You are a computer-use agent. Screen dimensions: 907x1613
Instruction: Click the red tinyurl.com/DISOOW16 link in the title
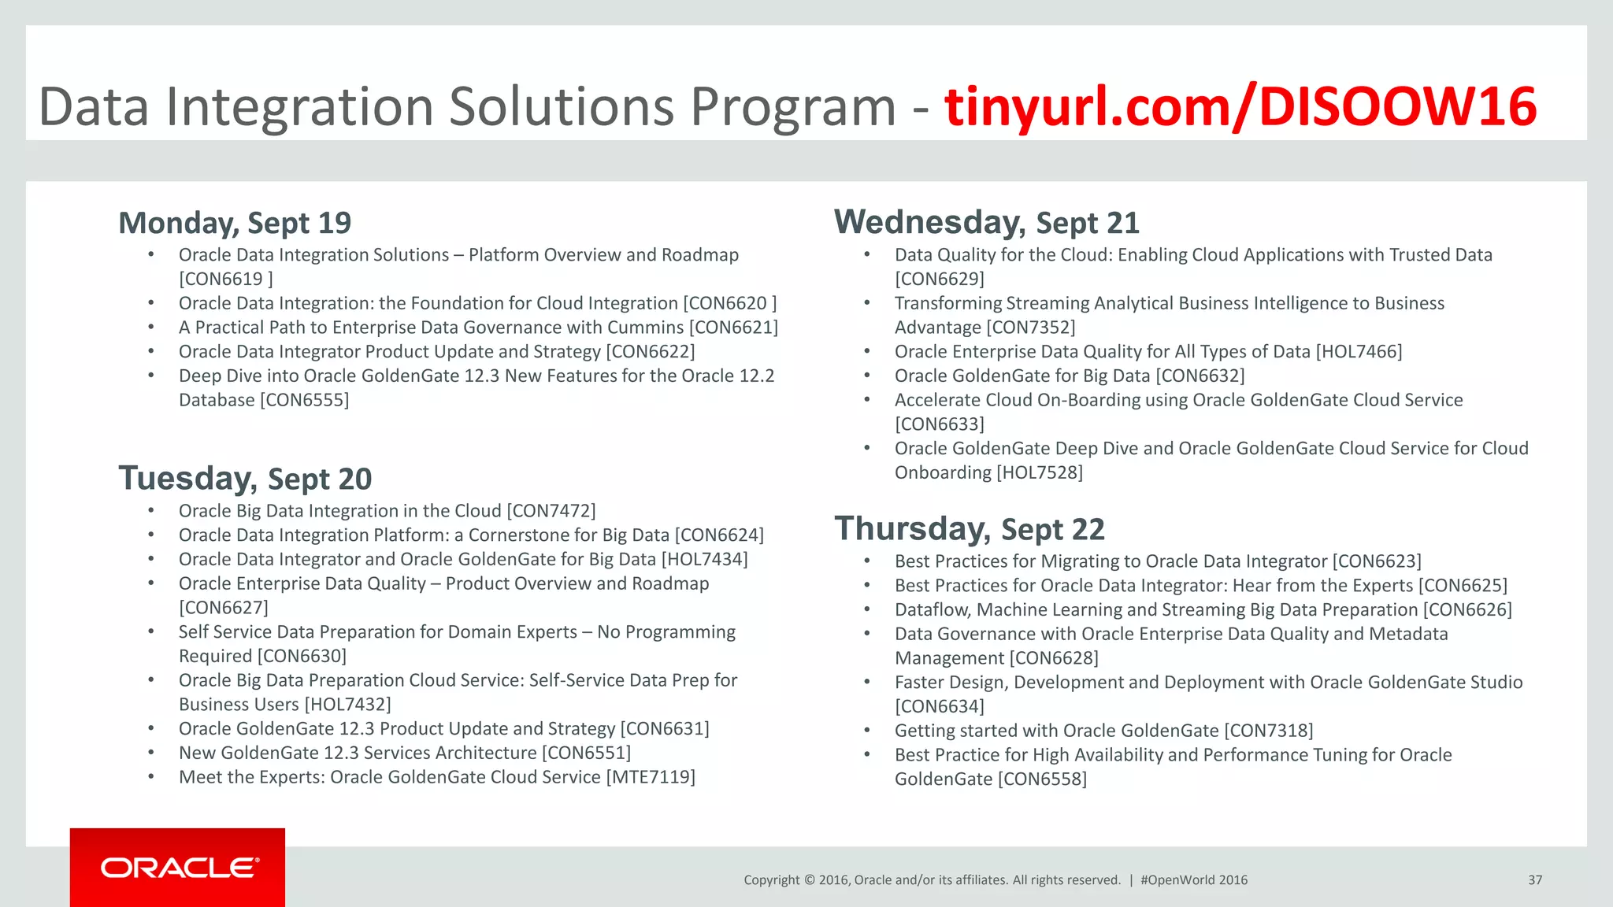[1240, 106]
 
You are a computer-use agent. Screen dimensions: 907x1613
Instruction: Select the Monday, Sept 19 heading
[235, 223]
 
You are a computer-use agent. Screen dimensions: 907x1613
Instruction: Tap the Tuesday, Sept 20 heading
[245, 479]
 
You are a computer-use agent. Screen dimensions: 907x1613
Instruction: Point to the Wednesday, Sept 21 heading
[987, 223]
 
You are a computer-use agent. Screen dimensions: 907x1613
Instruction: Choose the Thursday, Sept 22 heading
[970, 529]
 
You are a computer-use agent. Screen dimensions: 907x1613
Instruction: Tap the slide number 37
[1534, 880]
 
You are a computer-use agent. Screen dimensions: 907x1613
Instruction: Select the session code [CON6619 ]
[225, 280]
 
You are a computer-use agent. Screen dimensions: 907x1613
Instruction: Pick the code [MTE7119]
[650, 777]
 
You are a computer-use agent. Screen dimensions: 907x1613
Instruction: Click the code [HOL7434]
[704, 560]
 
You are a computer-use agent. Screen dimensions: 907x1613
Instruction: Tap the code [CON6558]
[1042, 779]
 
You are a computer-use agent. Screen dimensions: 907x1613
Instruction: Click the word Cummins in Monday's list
[646, 328]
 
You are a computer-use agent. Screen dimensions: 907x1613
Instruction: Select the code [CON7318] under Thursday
[1268, 731]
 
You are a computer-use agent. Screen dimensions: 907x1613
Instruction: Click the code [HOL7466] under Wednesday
[1359, 352]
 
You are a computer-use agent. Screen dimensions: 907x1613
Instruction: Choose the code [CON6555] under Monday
[304, 400]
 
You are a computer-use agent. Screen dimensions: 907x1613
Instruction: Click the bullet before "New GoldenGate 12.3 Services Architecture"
[150, 753]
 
